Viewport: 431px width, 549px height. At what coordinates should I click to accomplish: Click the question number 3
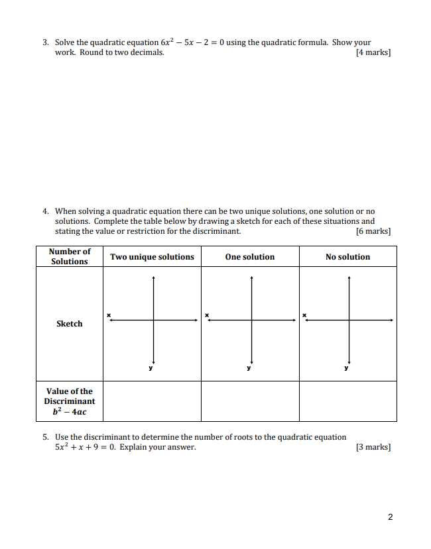pyautogui.click(x=46, y=42)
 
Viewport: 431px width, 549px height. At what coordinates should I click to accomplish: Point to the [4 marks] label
pyautogui.click(x=373, y=52)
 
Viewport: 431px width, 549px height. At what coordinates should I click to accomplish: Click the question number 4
pyautogui.click(x=46, y=212)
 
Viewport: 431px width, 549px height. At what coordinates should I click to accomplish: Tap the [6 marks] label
pyautogui.click(x=373, y=231)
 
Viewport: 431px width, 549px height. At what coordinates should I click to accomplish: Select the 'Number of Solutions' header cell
pyautogui.click(x=69, y=256)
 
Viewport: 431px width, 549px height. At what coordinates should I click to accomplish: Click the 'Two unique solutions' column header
pyautogui.click(x=152, y=257)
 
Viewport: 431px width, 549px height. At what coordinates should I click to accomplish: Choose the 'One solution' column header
pyautogui.click(x=249, y=257)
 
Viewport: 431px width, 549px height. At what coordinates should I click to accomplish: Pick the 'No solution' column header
pyautogui.click(x=347, y=257)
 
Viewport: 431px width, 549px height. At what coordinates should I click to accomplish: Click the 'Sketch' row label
pyautogui.click(x=69, y=324)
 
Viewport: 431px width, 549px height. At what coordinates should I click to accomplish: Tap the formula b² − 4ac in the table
pyautogui.click(x=69, y=411)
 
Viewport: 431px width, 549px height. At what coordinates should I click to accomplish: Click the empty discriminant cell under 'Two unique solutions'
pyautogui.click(x=152, y=401)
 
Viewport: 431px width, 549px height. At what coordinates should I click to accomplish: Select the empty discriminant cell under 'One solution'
pyautogui.click(x=250, y=401)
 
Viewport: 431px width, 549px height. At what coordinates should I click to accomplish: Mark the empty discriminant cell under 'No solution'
pyautogui.click(x=347, y=401)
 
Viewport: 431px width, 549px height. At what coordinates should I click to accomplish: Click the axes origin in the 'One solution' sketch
pyautogui.click(x=251, y=320)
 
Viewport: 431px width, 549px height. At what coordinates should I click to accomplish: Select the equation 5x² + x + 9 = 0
pyautogui.click(x=86, y=447)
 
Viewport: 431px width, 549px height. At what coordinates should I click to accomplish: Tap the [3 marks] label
pyautogui.click(x=373, y=447)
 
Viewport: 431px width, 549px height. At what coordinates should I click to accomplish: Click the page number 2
pyautogui.click(x=390, y=517)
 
